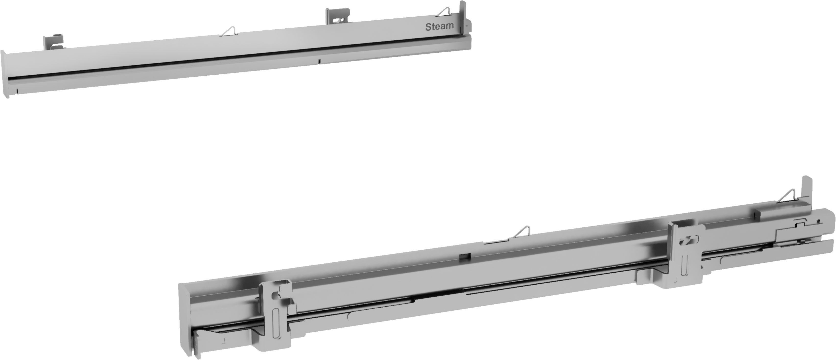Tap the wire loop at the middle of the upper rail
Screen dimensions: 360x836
229,31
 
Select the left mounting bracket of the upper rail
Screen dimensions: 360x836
54,42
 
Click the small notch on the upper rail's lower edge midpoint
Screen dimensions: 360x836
319,61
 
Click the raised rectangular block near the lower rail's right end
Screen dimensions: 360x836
766,215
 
